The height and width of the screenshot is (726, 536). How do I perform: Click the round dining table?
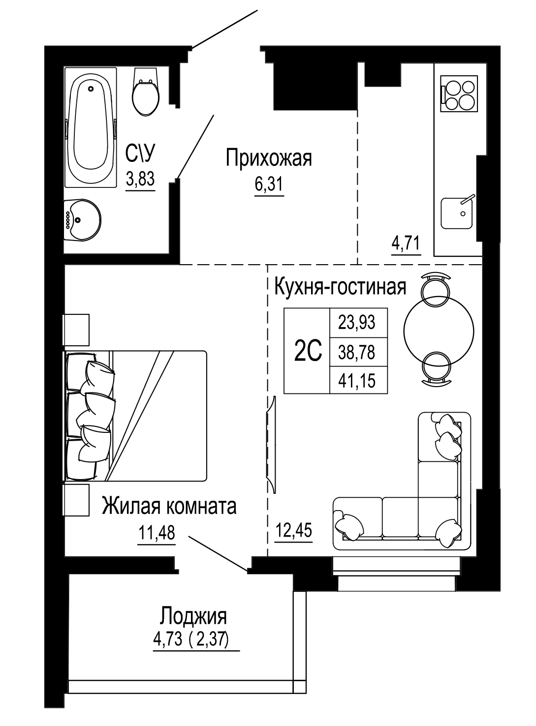[x=439, y=330]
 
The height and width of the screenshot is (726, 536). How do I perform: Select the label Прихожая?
[x=269, y=159]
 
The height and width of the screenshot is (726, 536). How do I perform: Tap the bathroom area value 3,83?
[x=140, y=179]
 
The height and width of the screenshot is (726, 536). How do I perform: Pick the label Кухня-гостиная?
[x=340, y=286]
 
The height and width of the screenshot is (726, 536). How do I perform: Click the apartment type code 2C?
[x=307, y=351]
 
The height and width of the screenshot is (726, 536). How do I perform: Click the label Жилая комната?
[x=169, y=506]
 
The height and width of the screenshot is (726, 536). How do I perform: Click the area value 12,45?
[x=293, y=531]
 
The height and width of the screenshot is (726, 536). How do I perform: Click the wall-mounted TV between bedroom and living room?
[x=271, y=443]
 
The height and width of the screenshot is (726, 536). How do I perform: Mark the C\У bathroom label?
[x=140, y=154]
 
